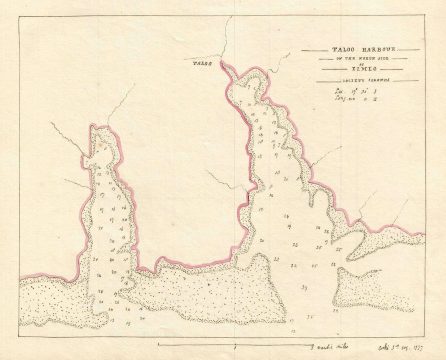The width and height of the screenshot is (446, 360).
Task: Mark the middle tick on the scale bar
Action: (x=233, y=341)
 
